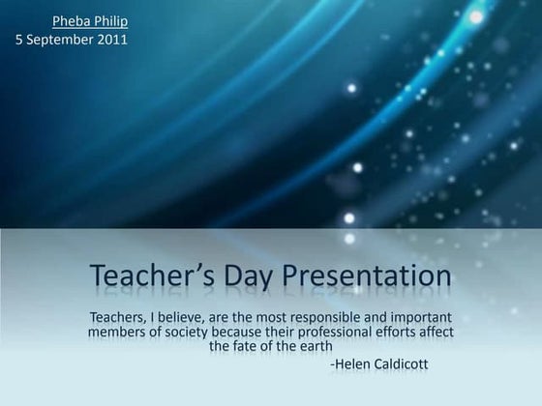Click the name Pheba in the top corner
(71, 21)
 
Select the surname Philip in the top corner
(110, 21)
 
